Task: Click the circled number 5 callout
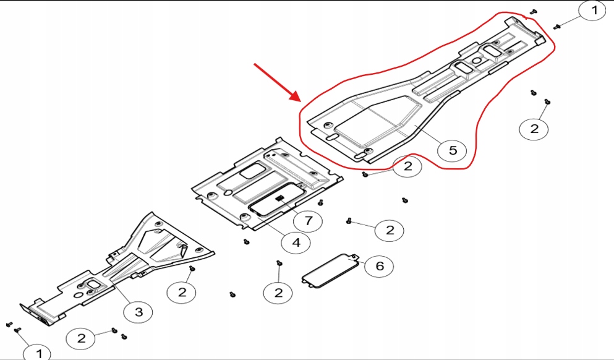pos(453,150)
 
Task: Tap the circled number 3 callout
pos(139,312)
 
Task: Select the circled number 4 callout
pos(296,242)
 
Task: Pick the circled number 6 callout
pos(380,266)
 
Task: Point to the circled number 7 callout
pos(307,220)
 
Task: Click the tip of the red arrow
pos(299,99)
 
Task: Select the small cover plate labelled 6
pos(330,269)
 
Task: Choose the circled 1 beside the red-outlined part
pos(592,11)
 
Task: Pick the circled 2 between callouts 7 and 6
pos(390,231)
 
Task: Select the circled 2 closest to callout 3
pos(182,291)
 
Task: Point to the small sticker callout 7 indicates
pos(279,199)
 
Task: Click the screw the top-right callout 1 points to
pos(556,26)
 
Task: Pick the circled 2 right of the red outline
pos(534,128)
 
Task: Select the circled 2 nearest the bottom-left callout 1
pos(81,338)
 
